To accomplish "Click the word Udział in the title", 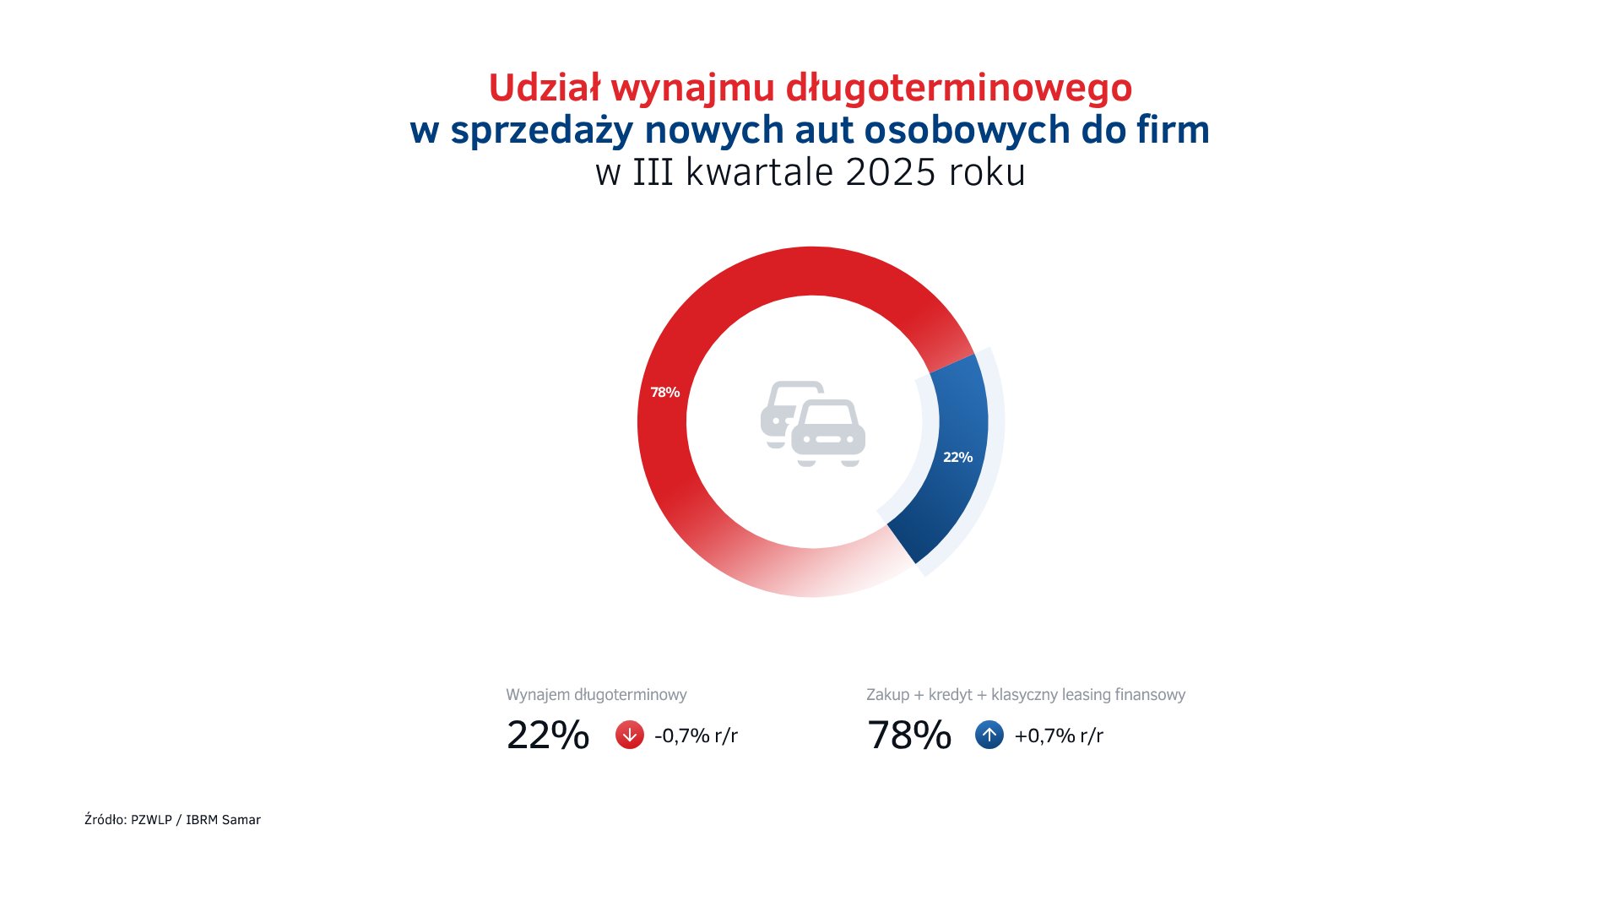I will (x=544, y=88).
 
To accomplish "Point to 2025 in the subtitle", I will (x=890, y=172).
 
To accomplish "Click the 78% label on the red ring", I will (x=664, y=393).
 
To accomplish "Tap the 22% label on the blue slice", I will (x=957, y=458).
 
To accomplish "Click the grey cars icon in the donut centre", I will (x=812, y=423).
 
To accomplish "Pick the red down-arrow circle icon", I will (x=629, y=735).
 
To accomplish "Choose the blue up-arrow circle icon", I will (x=989, y=735).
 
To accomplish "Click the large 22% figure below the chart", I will (x=547, y=735).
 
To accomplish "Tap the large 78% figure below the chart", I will (x=908, y=735).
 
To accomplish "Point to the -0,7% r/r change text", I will (x=696, y=736).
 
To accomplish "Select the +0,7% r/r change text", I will (x=1058, y=736).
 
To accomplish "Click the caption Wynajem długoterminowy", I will (x=596, y=695).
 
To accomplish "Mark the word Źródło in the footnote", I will (x=105, y=819).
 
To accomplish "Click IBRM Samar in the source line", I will (x=223, y=820).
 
